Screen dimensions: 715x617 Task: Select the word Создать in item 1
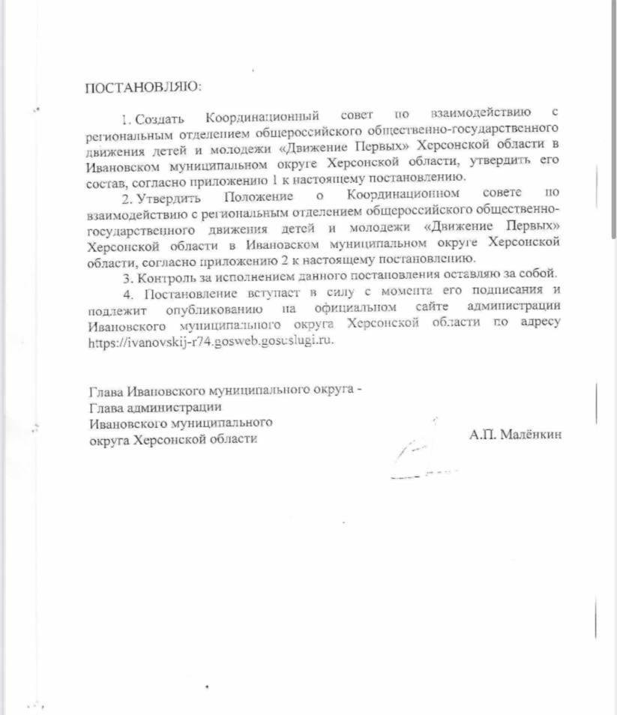click(x=157, y=117)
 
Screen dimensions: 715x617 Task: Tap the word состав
click(x=106, y=177)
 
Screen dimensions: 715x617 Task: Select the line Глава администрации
click(x=155, y=407)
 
